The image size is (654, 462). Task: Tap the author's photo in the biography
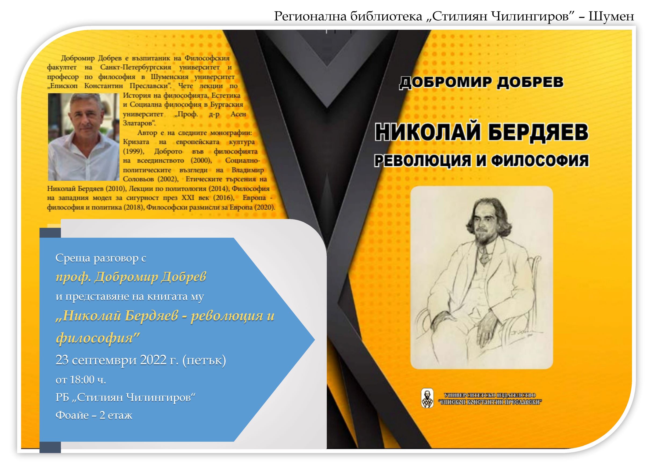[84, 137]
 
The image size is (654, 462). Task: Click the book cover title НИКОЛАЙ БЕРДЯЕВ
[481, 132]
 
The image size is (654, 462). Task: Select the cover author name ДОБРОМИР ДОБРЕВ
[481, 82]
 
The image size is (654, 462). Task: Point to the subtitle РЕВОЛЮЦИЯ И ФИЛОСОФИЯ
[481, 161]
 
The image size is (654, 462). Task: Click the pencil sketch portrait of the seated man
[482, 278]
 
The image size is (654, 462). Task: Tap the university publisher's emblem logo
[427, 398]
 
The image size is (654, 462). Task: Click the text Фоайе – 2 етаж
[94, 415]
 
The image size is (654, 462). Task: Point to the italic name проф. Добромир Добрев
[131, 277]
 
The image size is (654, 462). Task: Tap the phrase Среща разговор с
[101, 258]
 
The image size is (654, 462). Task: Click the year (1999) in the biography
[133, 151]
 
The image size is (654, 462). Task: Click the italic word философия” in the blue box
[98, 338]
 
